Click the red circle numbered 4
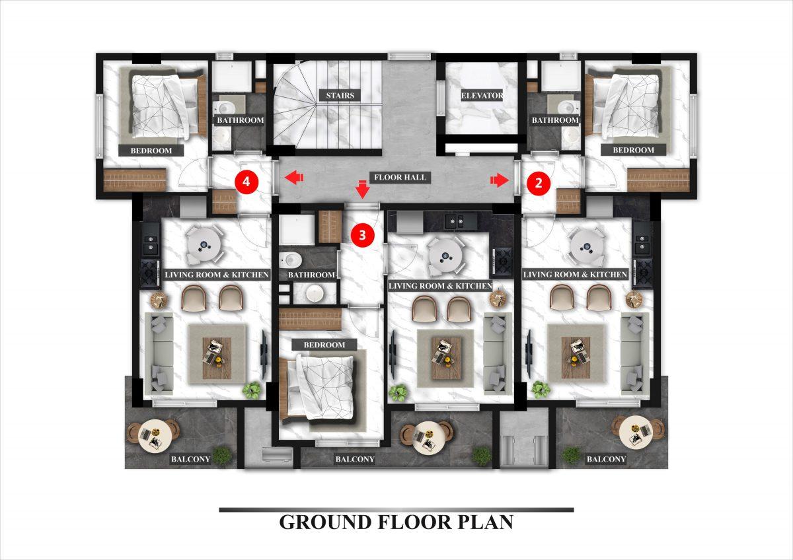(x=246, y=182)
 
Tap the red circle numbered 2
(x=539, y=183)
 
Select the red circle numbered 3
(x=362, y=235)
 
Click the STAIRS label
(x=340, y=96)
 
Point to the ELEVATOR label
(x=482, y=96)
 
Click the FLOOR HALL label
(x=400, y=177)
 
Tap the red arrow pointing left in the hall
(x=294, y=177)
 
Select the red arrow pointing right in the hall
(x=500, y=180)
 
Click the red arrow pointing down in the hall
(x=363, y=189)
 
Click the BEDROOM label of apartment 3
(x=324, y=345)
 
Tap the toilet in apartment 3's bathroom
(x=290, y=260)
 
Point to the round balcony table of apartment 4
(x=155, y=435)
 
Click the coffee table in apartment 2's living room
(x=576, y=357)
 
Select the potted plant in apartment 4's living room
(x=252, y=390)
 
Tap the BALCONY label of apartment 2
(x=606, y=459)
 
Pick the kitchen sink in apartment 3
(x=456, y=221)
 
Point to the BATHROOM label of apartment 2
(x=555, y=120)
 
